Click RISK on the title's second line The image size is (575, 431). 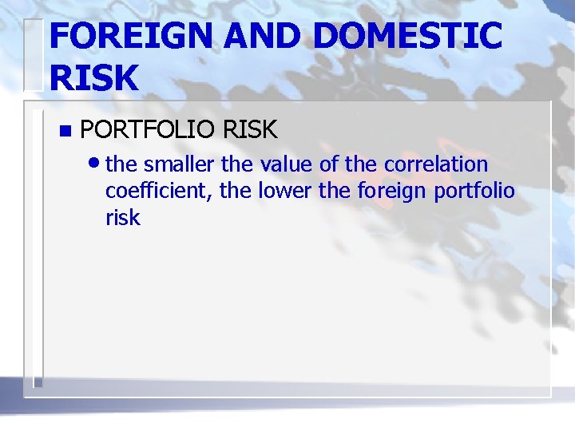93,78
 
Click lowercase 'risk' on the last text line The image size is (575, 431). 122,218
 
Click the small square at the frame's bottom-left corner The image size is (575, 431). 38,383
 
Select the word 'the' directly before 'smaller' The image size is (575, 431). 121,164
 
